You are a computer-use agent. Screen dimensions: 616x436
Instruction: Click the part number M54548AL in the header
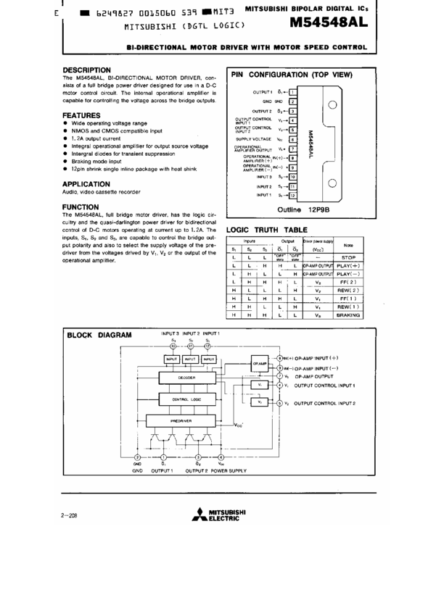328,22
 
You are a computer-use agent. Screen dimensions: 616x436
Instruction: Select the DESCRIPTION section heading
86,70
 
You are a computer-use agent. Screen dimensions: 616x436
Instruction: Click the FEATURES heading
81,115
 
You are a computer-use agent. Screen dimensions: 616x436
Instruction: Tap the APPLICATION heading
86,184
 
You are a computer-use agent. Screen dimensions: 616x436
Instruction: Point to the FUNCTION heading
81,207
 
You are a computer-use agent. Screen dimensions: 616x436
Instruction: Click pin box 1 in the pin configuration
293,92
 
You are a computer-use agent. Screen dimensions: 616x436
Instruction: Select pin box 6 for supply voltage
293,139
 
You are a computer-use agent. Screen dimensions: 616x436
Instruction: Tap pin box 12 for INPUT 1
293,195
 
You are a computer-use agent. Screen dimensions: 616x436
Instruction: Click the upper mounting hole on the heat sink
332,105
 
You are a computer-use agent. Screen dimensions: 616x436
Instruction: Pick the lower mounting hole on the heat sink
332,183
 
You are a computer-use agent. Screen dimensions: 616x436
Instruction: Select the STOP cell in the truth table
348,257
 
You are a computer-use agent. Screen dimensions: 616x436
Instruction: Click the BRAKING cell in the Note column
348,315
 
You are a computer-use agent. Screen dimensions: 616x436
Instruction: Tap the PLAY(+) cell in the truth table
348,265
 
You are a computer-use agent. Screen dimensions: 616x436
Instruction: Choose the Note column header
348,245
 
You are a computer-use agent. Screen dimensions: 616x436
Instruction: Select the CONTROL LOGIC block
187,399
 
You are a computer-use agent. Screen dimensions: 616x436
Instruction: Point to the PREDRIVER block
181,420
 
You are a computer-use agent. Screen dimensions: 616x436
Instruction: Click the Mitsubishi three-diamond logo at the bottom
199,515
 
